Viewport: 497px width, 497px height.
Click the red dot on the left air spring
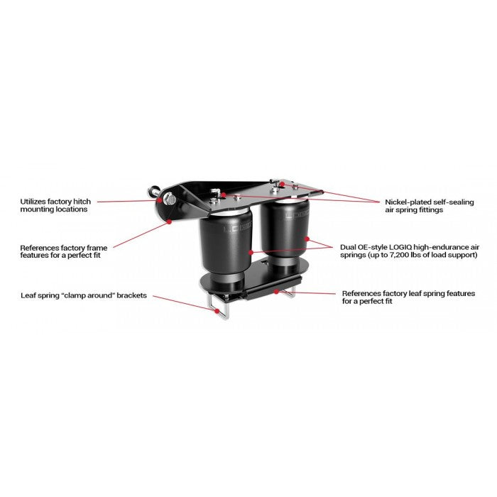coord(250,251)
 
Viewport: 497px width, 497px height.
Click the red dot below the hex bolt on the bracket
coord(170,221)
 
